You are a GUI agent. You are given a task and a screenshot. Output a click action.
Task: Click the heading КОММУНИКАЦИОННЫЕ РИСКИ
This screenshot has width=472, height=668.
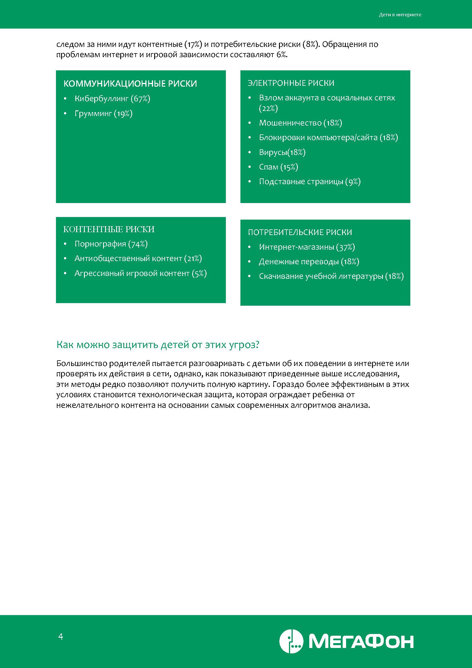tap(130, 84)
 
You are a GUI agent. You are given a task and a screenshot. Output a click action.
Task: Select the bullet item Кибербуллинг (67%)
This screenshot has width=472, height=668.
tap(112, 99)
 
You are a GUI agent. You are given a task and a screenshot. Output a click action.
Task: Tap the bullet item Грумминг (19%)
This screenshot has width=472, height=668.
tap(103, 114)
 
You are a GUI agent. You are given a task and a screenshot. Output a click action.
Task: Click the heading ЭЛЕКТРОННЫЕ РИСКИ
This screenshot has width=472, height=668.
tap(291, 83)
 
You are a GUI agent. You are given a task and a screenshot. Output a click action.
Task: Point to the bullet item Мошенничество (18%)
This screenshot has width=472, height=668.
tap(300, 123)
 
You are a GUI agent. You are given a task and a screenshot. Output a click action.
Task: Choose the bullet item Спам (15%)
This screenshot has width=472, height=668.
tap(278, 167)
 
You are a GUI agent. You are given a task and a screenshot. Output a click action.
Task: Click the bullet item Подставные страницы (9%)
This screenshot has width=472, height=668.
tap(310, 182)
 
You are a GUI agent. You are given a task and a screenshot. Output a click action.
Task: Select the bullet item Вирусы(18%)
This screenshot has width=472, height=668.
tap(282, 152)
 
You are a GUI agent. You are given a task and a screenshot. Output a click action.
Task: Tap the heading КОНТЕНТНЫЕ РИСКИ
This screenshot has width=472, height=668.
tap(109, 229)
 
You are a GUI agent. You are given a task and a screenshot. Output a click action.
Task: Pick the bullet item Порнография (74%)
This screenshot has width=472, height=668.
tap(111, 244)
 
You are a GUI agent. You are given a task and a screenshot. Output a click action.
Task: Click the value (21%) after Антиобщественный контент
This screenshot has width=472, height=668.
tap(193, 259)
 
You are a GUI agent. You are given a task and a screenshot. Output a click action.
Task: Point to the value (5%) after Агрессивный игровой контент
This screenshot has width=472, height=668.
tap(199, 273)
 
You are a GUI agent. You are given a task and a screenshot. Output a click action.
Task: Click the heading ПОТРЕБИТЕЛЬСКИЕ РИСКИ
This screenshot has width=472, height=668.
tap(300, 232)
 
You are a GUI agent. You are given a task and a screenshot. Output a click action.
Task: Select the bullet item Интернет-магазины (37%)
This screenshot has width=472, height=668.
tap(307, 247)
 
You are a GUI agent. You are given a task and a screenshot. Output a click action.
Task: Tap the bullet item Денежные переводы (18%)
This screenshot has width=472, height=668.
tap(309, 262)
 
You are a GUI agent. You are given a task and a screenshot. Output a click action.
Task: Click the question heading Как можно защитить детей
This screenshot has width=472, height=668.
tap(158, 345)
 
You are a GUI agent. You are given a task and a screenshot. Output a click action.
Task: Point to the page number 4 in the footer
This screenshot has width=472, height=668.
tap(61, 637)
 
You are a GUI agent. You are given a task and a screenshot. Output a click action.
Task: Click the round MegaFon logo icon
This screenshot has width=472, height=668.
tap(291, 641)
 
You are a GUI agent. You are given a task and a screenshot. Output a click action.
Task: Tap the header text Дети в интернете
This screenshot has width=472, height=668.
tap(400, 15)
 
